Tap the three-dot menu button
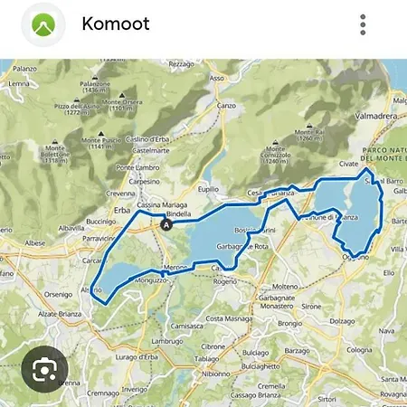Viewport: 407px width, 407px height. coord(363,24)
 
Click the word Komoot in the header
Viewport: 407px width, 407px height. coord(116,24)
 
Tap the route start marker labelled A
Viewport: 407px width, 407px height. coord(166,223)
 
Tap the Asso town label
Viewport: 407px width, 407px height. coord(216,79)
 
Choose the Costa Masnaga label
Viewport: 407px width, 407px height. coord(226,318)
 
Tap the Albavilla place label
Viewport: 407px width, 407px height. coord(71,229)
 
